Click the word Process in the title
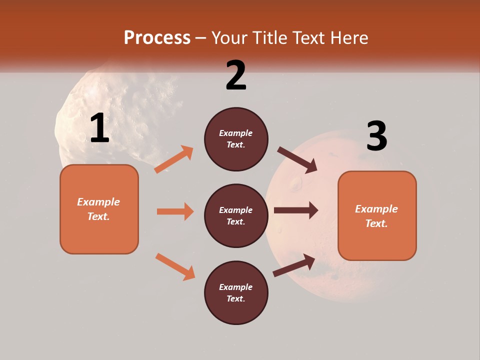coord(157,37)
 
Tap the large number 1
coord(99,128)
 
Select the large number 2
coord(236,75)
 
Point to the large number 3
coord(376,136)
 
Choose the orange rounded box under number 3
coord(377,240)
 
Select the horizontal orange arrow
coord(175,211)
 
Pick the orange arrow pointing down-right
coord(175,266)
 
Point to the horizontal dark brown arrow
coord(296,210)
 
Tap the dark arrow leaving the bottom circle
coord(294,265)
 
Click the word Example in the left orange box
coord(98,202)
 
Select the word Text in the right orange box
coord(376,223)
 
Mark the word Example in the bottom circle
coord(235,287)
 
